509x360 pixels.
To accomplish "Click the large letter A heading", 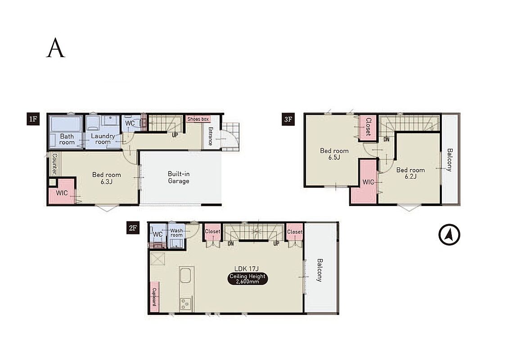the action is click(x=55, y=48).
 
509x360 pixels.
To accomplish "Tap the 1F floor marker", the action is click(x=33, y=119).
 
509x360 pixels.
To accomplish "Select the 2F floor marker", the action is click(x=133, y=228).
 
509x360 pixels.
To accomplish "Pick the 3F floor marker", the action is click(x=288, y=119).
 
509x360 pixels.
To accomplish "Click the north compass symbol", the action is click(x=449, y=234).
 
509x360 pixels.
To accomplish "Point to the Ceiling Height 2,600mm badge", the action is click(x=248, y=279).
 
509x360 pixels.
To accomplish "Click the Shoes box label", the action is click(x=198, y=119).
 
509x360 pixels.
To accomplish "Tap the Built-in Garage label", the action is click(x=179, y=177).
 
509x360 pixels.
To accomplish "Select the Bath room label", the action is click(x=67, y=139).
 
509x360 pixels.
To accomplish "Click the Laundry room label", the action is click(x=103, y=139).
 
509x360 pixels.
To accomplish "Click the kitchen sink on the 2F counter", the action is click(x=186, y=275).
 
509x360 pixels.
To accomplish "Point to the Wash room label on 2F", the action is click(x=176, y=233).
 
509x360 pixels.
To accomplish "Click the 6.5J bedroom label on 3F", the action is click(x=334, y=154).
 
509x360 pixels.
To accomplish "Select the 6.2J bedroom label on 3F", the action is click(x=410, y=173).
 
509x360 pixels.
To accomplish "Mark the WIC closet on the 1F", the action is click(x=62, y=193).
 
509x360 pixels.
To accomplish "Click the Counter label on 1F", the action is click(x=54, y=164).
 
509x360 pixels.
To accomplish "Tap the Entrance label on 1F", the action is click(x=210, y=136).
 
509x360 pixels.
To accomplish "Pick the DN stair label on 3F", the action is click(x=386, y=139).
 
